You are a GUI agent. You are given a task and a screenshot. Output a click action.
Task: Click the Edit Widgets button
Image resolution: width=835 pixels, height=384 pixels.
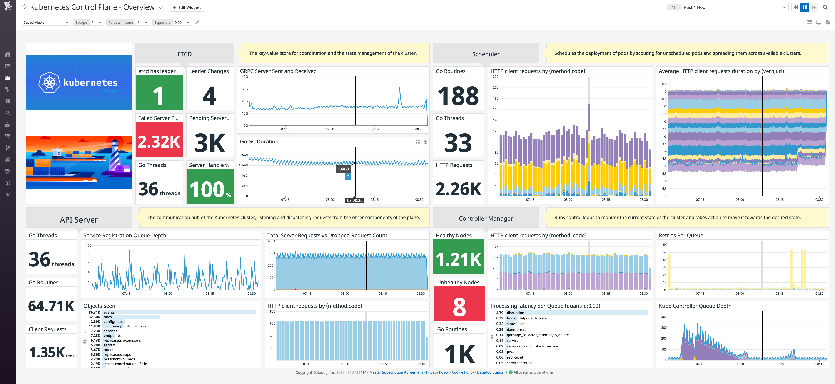tap(187, 7)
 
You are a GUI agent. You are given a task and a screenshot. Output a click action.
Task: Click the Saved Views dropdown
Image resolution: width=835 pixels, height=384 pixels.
tap(46, 22)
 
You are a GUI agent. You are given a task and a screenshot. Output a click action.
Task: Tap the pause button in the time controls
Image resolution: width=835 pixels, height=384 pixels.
tap(805, 7)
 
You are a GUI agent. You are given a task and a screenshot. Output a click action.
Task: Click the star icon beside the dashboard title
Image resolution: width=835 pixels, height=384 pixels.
tap(24, 7)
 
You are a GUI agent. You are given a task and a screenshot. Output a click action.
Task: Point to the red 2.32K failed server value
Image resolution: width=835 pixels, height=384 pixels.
tap(159, 142)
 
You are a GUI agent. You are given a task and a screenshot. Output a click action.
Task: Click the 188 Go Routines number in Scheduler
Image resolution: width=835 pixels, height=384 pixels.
tap(458, 96)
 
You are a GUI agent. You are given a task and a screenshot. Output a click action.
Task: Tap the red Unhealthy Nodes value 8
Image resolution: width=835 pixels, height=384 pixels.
tap(459, 307)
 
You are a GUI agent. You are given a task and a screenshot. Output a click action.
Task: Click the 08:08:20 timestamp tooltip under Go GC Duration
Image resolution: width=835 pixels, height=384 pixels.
tap(355, 201)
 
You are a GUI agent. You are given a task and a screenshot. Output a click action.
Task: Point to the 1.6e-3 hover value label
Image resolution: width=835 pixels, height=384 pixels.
tap(343, 169)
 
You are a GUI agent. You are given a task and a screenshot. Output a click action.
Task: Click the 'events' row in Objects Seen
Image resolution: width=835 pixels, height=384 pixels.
tap(109, 312)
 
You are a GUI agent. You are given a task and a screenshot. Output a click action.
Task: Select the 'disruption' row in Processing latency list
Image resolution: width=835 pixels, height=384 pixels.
tap(515, 313)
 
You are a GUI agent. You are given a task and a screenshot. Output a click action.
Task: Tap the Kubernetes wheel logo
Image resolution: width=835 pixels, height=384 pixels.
tap(49, 82)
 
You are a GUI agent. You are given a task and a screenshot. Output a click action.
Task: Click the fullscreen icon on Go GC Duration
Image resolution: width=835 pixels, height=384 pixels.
tap(417, 142)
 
